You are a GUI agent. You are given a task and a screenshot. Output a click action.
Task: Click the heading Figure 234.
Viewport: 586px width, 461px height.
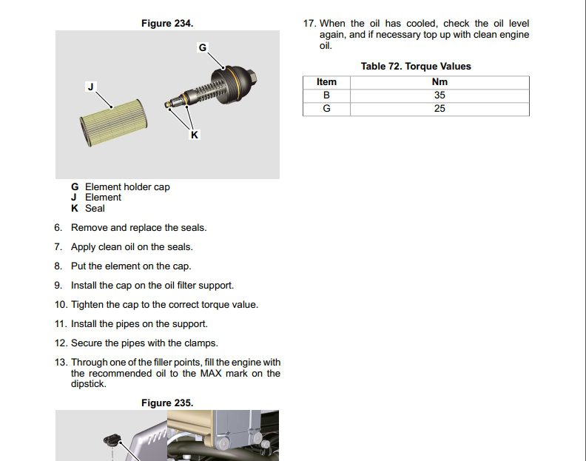click(x=167, y=24)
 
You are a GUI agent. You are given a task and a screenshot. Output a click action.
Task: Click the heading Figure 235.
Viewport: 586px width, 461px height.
click(x=167, y=403)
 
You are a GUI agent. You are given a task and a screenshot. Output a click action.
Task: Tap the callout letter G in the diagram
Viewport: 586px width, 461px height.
click(x=203, y=47)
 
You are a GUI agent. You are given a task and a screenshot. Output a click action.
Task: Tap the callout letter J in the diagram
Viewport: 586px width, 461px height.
click(x=91, y=87)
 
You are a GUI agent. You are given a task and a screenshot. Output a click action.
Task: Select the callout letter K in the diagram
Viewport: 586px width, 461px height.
click(x=195, y=135)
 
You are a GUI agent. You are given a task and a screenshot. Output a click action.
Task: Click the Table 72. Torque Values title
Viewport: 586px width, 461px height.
click(x=416, y=67)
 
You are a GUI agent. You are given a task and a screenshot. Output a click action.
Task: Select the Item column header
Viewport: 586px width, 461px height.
click(x=326, y=82)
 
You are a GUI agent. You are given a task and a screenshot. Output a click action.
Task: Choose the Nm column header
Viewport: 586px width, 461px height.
click(x=439, y=82)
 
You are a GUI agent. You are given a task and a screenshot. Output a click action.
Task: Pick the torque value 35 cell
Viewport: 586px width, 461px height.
click(x=439, y=95)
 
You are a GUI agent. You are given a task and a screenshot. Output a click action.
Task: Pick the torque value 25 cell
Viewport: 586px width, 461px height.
click(x=439, y=109)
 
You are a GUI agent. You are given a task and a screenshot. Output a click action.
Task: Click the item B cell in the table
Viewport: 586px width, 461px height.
click(x=326, y=95)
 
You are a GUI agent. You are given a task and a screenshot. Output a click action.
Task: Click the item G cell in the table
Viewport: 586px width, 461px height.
click(x=326, y=109)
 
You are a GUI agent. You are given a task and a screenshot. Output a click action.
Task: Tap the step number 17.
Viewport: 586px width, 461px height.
click(x=309, y=24)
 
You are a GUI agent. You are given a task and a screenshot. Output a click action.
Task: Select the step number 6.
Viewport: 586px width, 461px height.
click(x=58, y=228)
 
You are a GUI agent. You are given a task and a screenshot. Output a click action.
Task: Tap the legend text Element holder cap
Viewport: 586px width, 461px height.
click(x=127, y=187)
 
